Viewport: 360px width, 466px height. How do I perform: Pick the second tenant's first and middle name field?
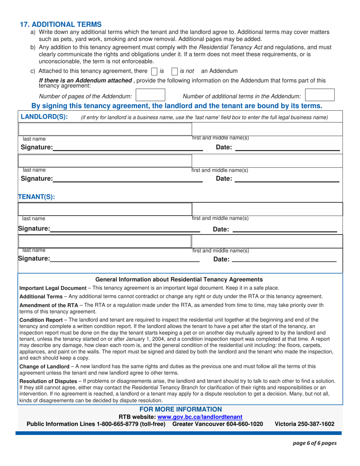click(x=267, y=241)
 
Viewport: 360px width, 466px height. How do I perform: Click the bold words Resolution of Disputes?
click(x=47, y=380)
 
